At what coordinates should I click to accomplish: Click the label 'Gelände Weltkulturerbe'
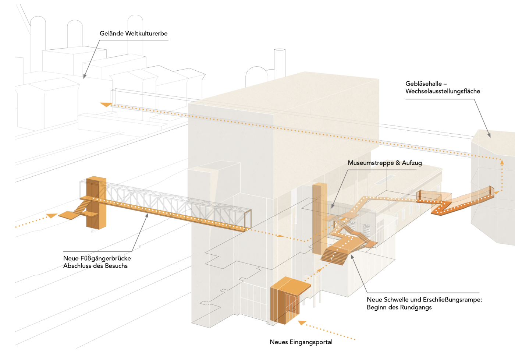[x=134, y=33]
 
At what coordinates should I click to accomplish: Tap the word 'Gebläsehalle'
[x=423, y=84]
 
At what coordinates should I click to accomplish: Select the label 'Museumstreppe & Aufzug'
[x=385, y=163]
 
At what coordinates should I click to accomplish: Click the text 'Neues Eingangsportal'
[x=301, y=342]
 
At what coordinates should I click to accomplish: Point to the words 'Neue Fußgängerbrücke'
[x=97, y=258]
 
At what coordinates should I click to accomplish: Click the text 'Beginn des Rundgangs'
[x=399, y=307]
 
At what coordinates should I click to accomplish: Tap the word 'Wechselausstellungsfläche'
[x=443, y=91]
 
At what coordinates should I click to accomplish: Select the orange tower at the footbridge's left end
[x=96, y=202]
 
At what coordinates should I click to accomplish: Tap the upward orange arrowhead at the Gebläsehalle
[x=501, y=162]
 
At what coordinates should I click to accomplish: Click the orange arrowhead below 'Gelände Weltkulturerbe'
[x=106, y=105]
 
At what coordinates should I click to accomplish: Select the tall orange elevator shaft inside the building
[x=319, y=217]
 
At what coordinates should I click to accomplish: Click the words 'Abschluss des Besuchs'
[x=95, y=266]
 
